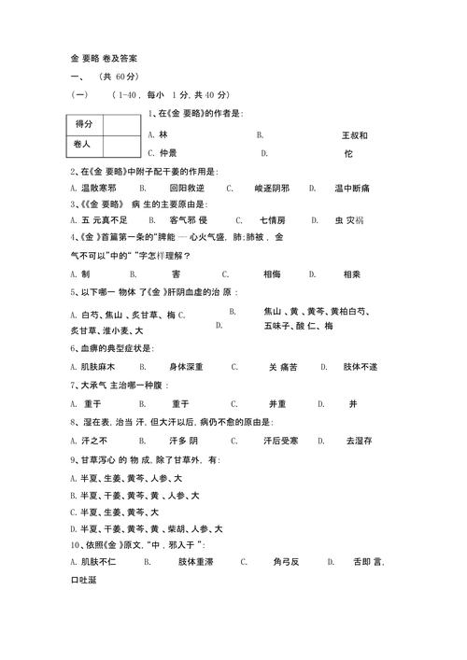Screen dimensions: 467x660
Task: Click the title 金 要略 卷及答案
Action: pos(111,58)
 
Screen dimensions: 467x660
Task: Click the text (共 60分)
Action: pos(119,77)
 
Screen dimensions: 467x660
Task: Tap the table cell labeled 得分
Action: pos(83,124)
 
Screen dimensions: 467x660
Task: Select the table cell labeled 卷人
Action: pos(83,145)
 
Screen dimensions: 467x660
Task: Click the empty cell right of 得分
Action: pos(120,124)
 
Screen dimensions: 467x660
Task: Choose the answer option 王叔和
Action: pos(355,135)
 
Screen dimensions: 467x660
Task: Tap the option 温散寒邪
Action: pos(98,188)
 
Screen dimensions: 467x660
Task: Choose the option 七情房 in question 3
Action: pos(273,220)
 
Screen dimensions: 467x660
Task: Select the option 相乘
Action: pos(352,274)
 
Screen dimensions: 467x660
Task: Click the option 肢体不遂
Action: pos(360,367)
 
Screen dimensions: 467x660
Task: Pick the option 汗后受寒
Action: pos(280,439)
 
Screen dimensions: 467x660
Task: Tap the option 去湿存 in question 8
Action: pos(359,439)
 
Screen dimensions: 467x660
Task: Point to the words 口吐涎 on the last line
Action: pos(83,581)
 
